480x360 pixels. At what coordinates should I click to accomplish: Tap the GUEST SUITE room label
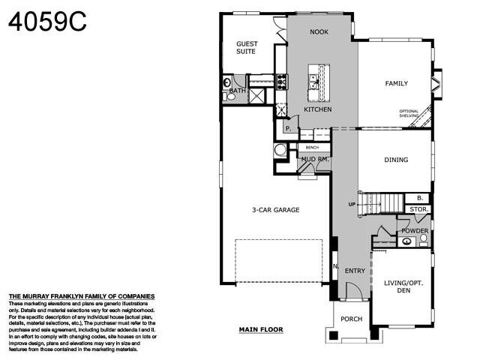(x=247, y=48)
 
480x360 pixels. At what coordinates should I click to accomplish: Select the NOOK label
(x=319, y=32)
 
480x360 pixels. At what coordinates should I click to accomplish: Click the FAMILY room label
(x=396, y=83)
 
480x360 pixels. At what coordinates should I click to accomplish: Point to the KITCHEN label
(x=317, y=109)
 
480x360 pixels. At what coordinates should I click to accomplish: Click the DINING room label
(x=396, y=160)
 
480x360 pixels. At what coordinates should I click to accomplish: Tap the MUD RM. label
(x=314, y=159)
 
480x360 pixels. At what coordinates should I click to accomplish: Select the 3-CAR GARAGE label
(x=275, y=210)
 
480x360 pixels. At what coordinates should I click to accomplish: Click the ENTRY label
(x=355, y=271)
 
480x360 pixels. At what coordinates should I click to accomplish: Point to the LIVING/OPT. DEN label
(x=401, y=286)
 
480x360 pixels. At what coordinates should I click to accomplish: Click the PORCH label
(x=351, y=319)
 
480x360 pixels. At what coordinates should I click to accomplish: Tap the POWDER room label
(x=415, y=231)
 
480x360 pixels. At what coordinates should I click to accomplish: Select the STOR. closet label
(x=418, y=209)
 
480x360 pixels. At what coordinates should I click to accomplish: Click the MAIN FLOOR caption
(x=261, y=329)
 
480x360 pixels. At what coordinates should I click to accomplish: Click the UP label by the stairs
(x=352, y=203)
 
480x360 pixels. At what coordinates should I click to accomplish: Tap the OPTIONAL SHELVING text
(x=409, y=114)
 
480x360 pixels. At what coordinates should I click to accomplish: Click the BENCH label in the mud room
(x=312, y=148)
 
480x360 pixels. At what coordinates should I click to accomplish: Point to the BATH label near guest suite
(x=237, y=91)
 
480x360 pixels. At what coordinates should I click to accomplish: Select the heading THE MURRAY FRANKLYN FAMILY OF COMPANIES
(x=81, y=296)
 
